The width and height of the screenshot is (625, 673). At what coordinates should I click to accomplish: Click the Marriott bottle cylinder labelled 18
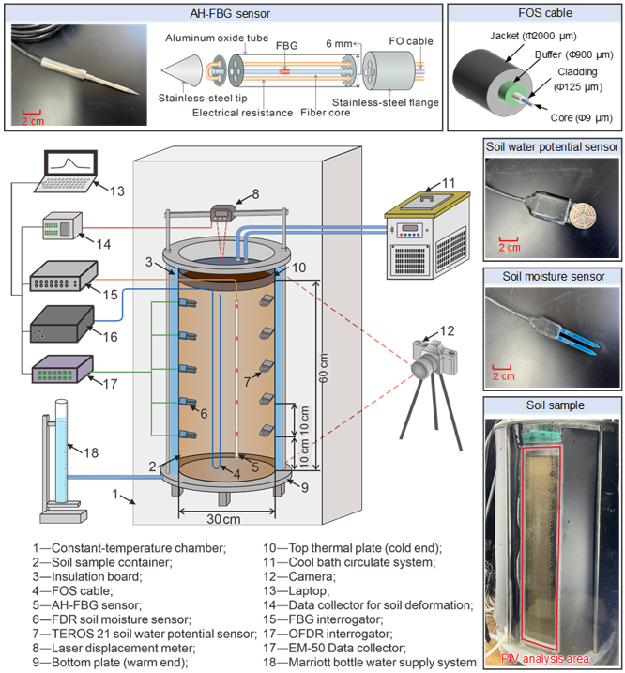click(x=61, y=451)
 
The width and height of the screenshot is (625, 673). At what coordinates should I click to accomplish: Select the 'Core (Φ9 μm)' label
click(x=572, y=119)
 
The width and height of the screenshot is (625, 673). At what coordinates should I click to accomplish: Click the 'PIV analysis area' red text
click(x=546, y=658)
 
